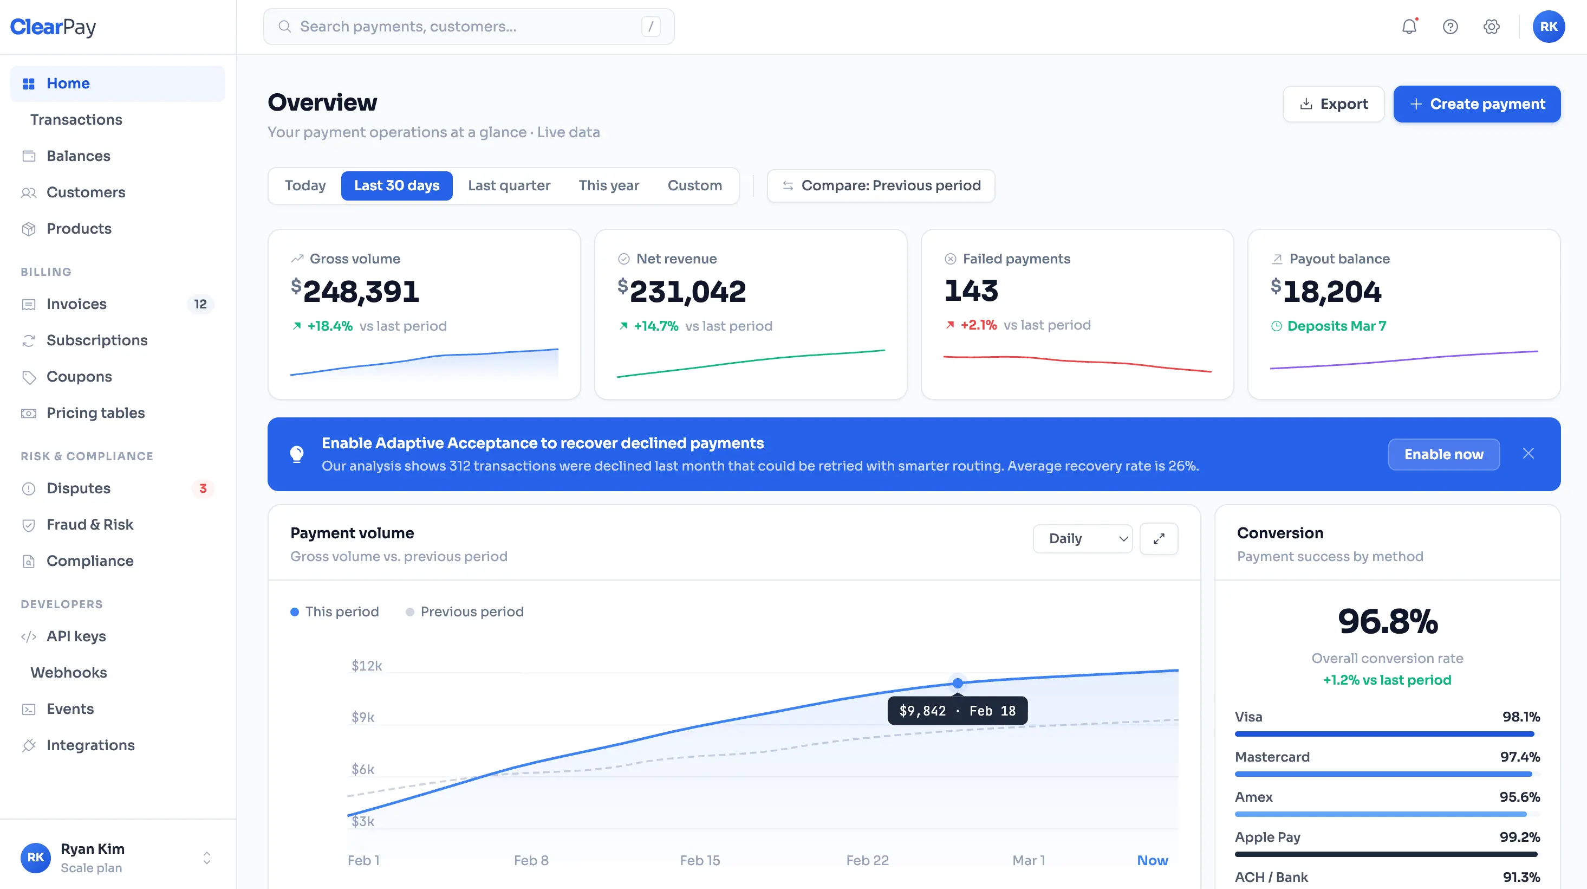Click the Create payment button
(1477, 104)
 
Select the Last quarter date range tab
(509, 185)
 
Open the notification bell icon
(1409, 27)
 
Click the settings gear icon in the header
(1491, 27)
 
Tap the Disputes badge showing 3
(203, 488)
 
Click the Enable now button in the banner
(1443, 454)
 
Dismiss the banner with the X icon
(1528, 454)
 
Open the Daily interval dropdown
(1082, 539)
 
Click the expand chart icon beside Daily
(1158, 539)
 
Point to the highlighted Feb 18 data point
(958, 683)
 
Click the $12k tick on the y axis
(367, 666)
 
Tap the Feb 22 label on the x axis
(867, 860)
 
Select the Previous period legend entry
(465, 611)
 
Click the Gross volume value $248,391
(355, 291)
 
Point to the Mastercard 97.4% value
(1520, 757)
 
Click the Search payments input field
(468, 27)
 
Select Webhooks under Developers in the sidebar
(68, 673)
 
